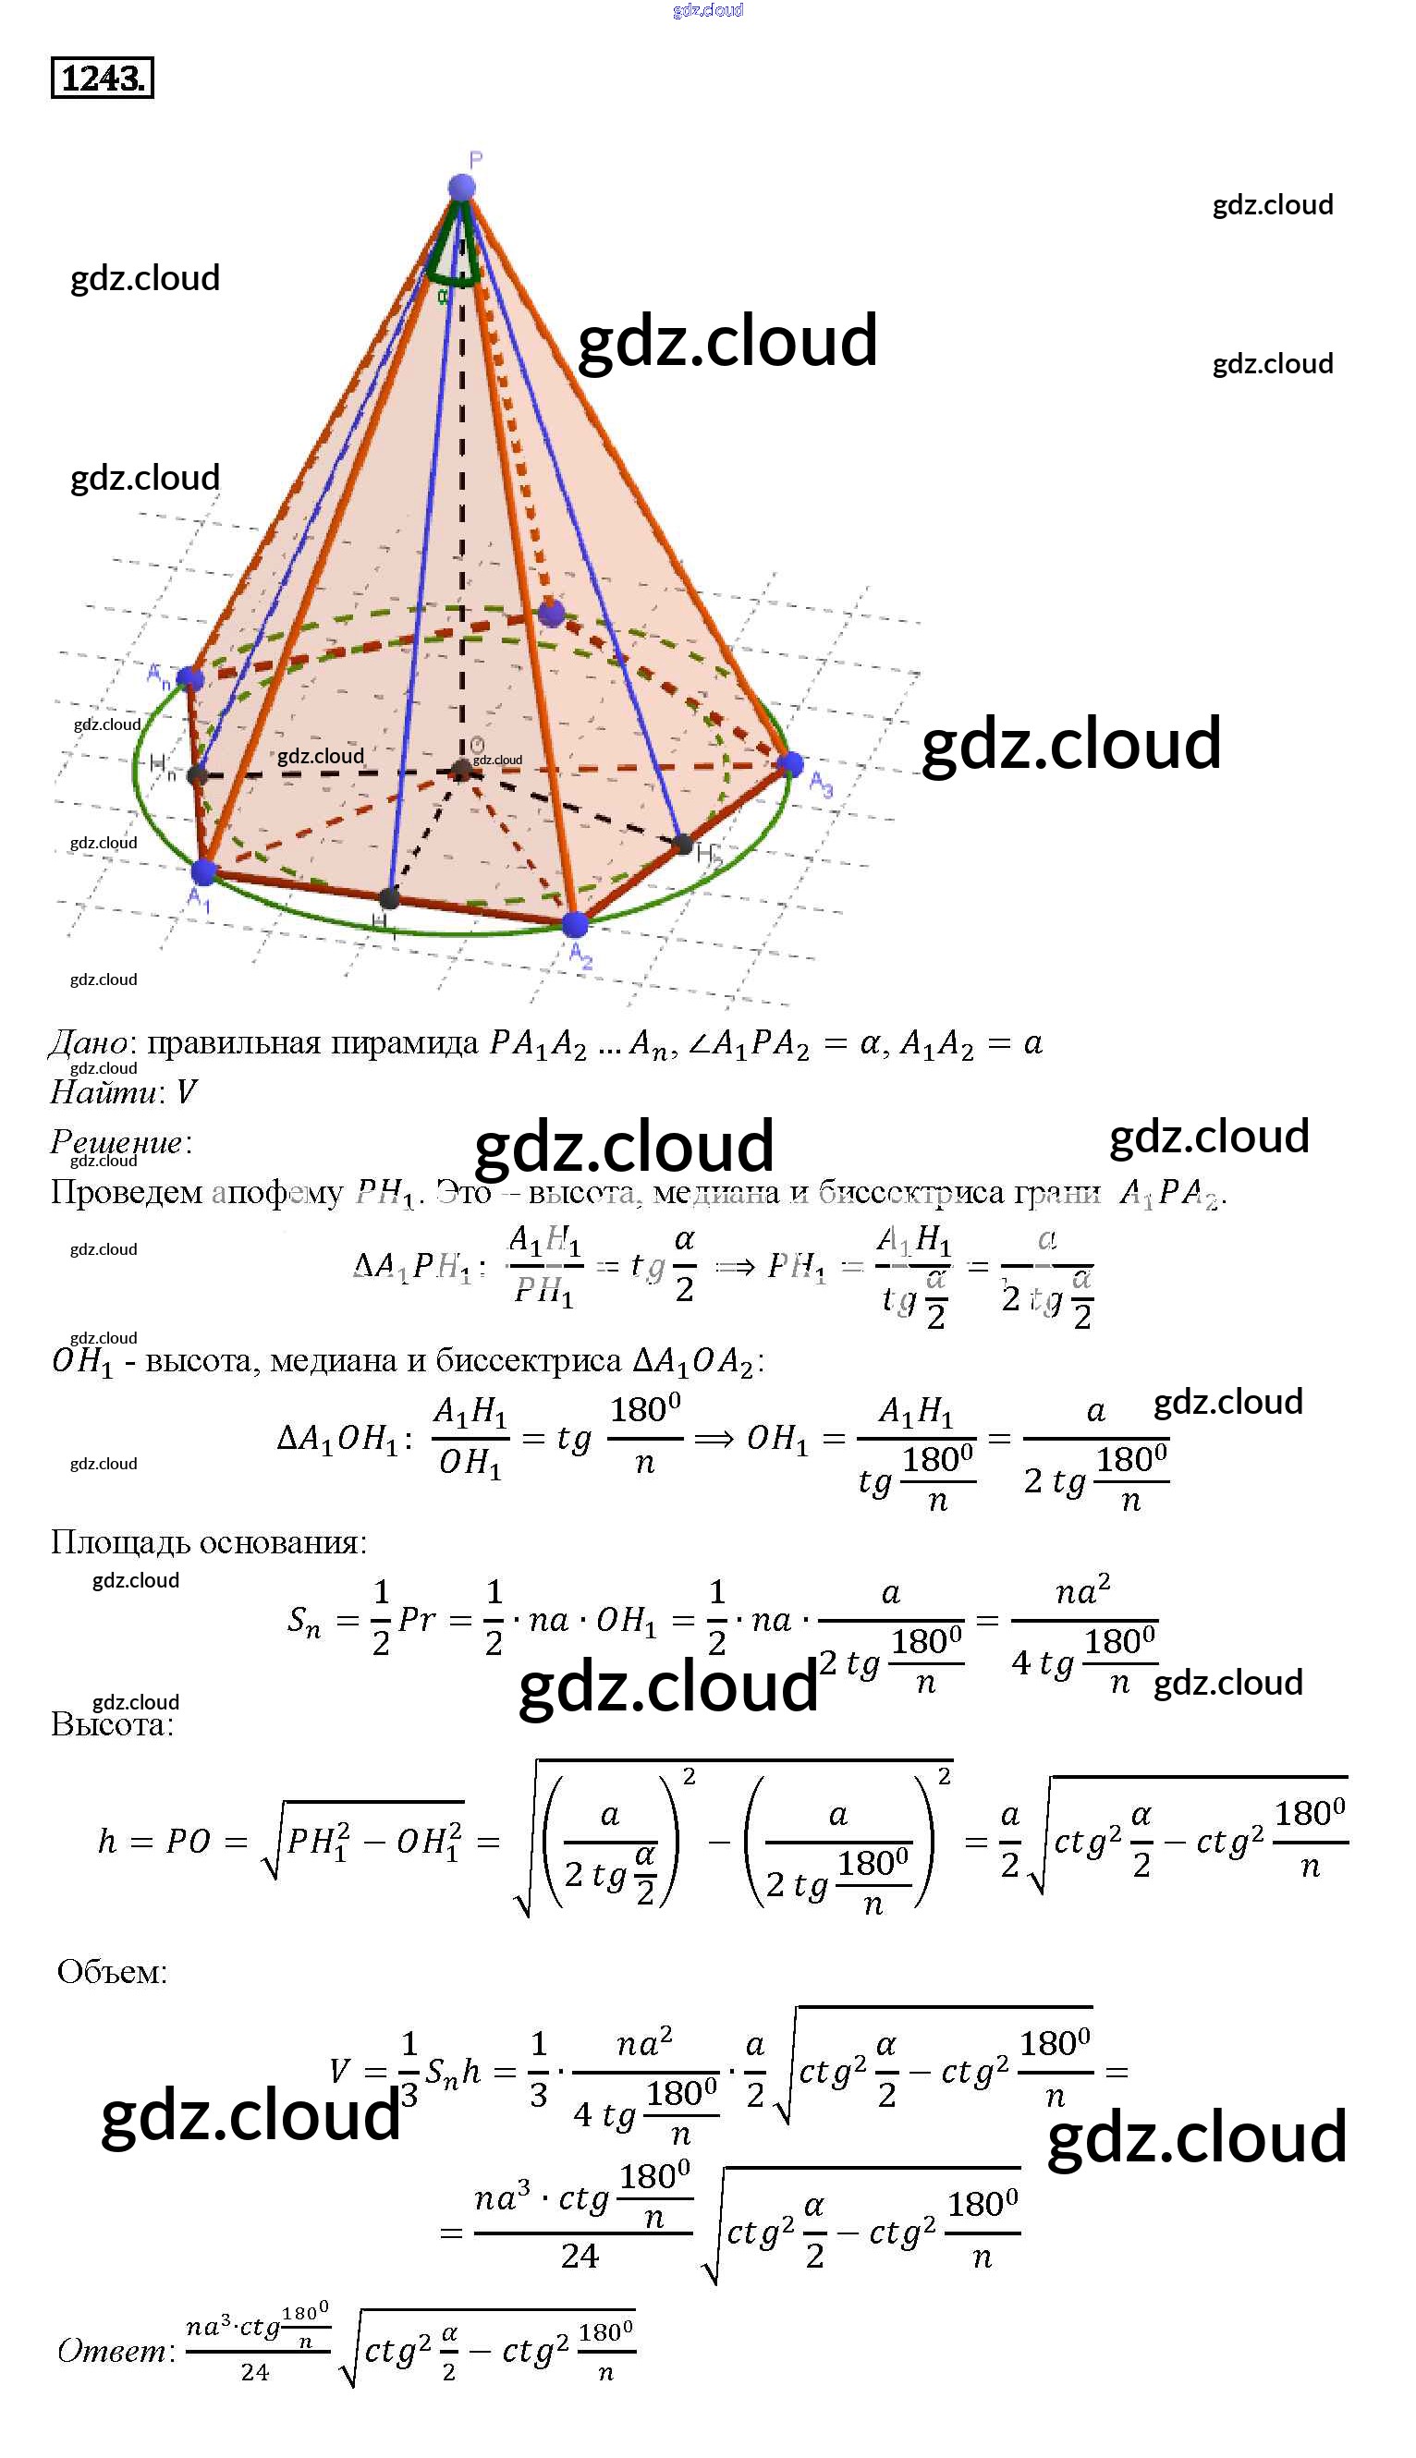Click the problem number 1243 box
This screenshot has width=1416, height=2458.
(x=102, y=78)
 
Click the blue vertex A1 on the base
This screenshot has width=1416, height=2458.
(x=203, y=871)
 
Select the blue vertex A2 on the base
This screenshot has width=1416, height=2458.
(x=575, y=924)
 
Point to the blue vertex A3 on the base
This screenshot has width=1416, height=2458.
(x=791, y=763)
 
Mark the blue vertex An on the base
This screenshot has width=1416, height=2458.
(x=190, y=677)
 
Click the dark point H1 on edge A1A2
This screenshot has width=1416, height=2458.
(x=389, y=897)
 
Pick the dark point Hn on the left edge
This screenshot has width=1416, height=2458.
(x=198, y=775)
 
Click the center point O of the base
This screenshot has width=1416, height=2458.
(x=462, y=770)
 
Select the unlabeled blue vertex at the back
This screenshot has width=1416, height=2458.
(x=552, y=614)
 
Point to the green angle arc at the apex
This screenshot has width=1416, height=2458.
(x=454, y=278)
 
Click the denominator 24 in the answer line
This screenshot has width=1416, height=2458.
(x=255, y=2372)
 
